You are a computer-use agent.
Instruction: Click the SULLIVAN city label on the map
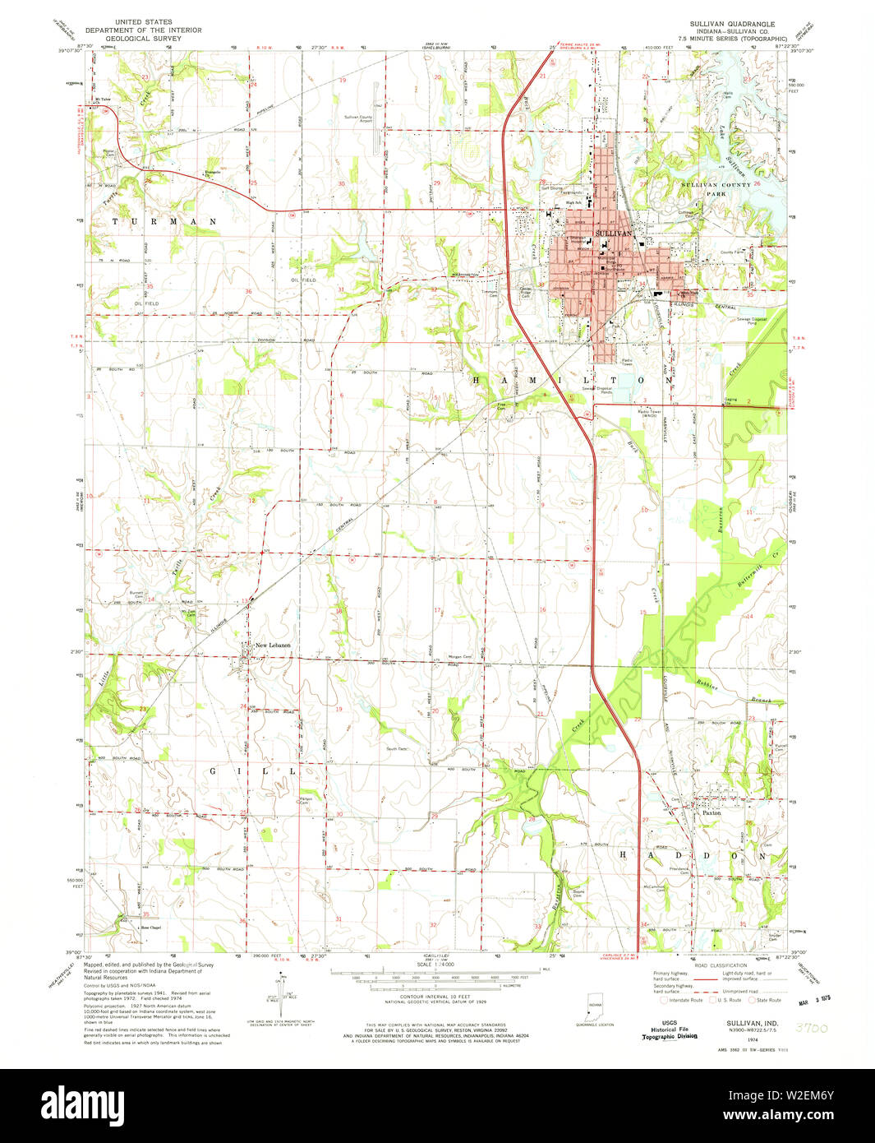(x=612, y=234)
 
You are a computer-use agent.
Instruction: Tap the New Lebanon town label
(x=272, y=646)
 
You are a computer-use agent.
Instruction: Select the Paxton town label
(x=711, y=812)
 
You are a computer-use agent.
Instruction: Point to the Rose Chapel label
(x=150, y=928)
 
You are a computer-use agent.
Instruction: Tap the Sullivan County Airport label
(x=357, y=119)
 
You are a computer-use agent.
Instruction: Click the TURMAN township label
(x=165, y=222)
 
